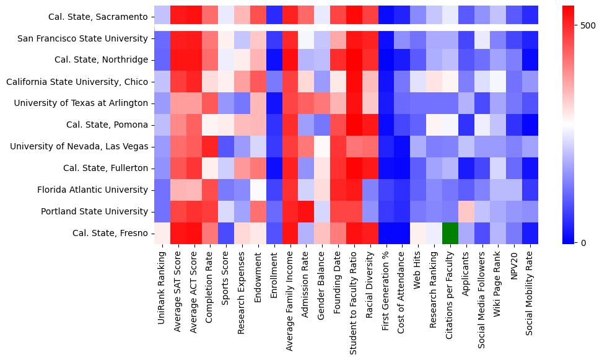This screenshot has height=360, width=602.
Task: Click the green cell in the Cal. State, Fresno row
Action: [450, 233]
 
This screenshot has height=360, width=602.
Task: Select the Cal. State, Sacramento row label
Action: [99, 17]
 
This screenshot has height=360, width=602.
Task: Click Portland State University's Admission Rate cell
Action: [306, 211]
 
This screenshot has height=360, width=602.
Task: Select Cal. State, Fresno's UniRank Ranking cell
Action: [162, 233]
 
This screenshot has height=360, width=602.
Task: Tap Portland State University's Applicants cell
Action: [466, 211]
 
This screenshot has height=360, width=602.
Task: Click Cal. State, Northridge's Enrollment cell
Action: [274, 60]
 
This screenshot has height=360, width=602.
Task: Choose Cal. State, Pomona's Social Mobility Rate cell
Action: [530, 125]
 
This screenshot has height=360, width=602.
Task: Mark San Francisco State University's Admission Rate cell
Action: [306, 38]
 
